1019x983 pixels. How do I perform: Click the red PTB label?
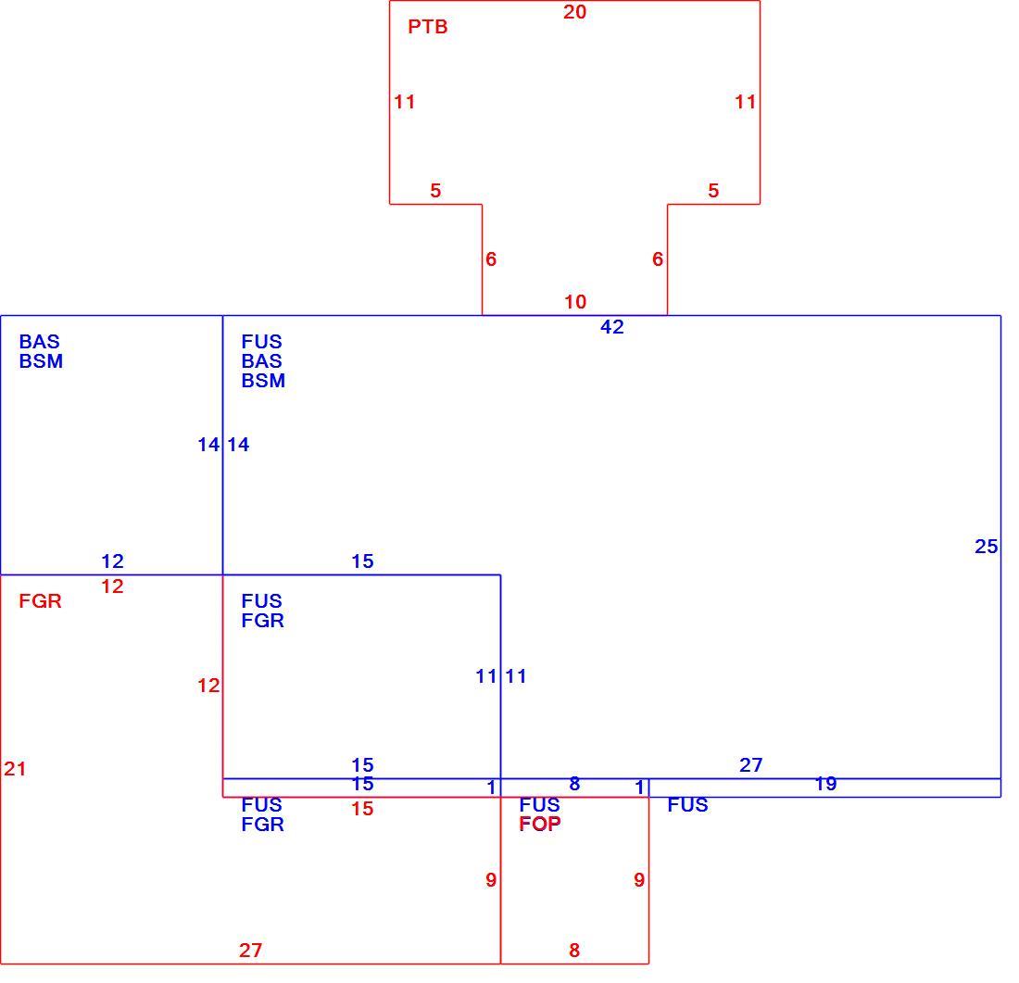[x=428, y=27]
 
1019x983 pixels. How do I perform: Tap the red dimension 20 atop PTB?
[x=574, y=12]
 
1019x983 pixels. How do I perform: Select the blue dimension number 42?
[x=611, y=326]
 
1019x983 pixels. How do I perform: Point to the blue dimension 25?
[x=986, y=546]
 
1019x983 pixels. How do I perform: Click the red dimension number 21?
[x=15, y=768]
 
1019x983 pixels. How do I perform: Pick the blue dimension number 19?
[x=825, y=784]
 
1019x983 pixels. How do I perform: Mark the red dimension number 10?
[x=575, y=302]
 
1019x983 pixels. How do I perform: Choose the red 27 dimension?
[x=250, y=950]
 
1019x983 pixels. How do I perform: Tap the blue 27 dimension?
[x=750, y=764]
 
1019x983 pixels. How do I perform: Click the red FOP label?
[x=540, y=824]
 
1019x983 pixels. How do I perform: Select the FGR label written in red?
[x=40, y=600]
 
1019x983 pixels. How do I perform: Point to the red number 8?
[x=573, y=950]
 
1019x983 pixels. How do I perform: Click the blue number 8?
[x=573, y=784]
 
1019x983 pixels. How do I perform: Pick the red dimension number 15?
[x=362, y=808]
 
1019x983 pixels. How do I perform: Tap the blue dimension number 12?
[x=112, y=561]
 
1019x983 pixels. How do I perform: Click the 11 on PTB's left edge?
[x=404, y=101]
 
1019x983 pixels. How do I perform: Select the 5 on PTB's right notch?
[x=713, y=191]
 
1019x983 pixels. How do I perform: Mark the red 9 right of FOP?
[x=639, y=879]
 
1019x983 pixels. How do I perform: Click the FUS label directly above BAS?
[x=262, y=341]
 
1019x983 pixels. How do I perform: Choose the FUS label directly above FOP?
[x=539, y=804]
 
